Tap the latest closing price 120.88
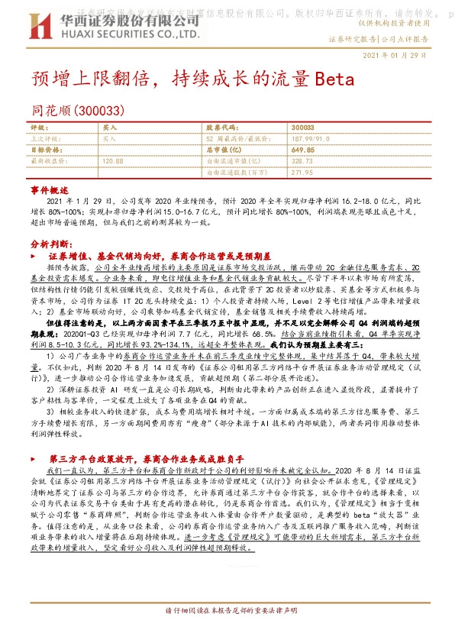pos(112,161)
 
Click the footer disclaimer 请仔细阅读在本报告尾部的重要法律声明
pos(227,611)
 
